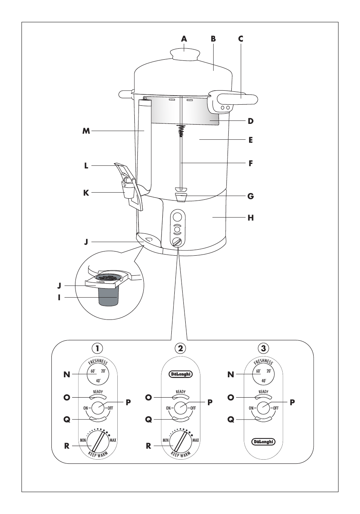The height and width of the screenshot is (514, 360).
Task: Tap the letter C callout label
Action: tap(241, 39)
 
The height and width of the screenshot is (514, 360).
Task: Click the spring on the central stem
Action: tap(181, 131)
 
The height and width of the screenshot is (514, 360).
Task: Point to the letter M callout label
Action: tap(86, 131)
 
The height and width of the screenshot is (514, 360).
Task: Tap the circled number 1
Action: tap(97, 348)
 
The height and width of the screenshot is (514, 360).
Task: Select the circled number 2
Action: tap(180, 348)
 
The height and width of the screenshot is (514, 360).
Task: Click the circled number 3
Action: tap(263, 348)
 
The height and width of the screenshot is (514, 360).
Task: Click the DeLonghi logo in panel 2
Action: tap(180, 374)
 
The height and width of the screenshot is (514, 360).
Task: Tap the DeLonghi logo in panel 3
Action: tap(263, 441)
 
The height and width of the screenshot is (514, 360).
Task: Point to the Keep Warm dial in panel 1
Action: tap(98, 441)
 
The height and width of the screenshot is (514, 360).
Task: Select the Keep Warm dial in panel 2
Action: tap(180, 441)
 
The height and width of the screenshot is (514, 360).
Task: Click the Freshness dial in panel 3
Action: tap(263, 374)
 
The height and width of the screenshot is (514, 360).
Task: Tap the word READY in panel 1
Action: tap(98, 392)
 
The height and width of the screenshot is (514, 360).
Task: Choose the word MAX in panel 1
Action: tap(113, 440)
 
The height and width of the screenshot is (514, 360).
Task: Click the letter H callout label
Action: tap(251, 218)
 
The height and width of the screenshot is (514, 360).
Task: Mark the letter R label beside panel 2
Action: tap(148, 446)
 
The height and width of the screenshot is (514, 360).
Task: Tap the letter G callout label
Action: tap(251, 196)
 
